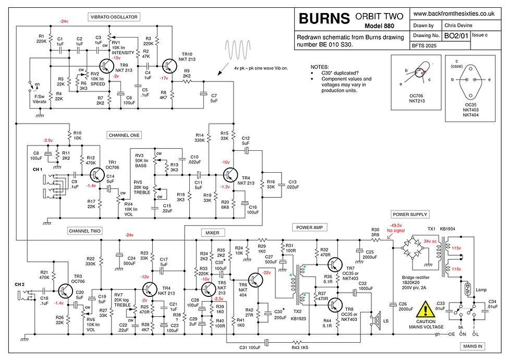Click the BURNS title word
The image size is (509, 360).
[x=323, y=19]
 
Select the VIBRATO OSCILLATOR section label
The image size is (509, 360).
[x=114, y=17]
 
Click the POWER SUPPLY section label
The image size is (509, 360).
[x=410, y=214]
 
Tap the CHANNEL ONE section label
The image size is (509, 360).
[x=124, y=135]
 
